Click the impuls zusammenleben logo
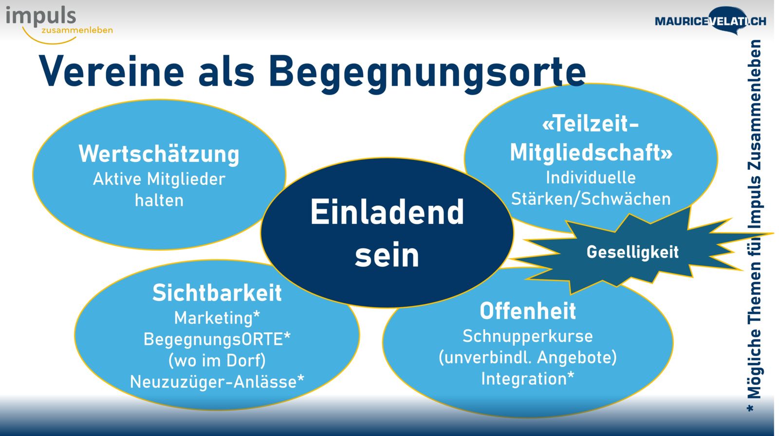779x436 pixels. tap(59, 25)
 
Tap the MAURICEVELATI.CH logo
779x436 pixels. tap(710, 21)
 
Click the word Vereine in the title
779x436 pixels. tap(111, 72)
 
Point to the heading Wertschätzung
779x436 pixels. tap(159, 154)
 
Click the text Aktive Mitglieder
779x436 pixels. tap(159, 179)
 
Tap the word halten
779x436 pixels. tap(159, 200)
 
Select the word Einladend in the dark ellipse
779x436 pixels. tap(387, 212)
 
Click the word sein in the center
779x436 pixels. tap(387, 255)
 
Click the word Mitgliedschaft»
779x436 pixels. tap(591, 153)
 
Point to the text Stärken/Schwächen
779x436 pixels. tap(591, 199)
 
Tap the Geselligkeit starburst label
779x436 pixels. tap(632, 252)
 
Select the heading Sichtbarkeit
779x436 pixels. tap(217, 293)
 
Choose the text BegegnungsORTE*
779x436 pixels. tap(217, 339)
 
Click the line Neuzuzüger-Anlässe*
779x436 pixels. tap(217, 382)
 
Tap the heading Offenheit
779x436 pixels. tap(528, 311)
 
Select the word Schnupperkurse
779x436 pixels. tap(528, 337)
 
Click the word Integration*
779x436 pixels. tap(528, 379)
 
